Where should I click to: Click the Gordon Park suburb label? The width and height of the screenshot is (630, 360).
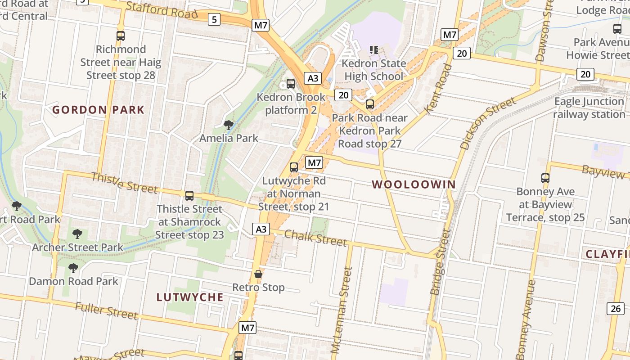(x=98, y=110)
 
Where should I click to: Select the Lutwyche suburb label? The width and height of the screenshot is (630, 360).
(x=190, y=297)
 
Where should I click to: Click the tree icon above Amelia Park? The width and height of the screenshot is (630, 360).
(x=229, y=125)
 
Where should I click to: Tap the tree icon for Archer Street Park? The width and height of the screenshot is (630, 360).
(x=77, y=234)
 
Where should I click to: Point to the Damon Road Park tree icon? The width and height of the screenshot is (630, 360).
(x=73, y=268)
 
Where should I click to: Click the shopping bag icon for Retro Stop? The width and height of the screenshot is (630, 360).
(x=258, y=274)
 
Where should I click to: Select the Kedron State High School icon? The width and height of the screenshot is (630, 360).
(x=374, y=49)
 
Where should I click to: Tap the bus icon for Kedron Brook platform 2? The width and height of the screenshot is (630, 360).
(x=291, y=84)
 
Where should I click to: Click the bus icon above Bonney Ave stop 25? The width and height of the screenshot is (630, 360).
(x=545, y=178)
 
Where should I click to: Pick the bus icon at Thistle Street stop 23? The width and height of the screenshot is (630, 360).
(x=189, y=196)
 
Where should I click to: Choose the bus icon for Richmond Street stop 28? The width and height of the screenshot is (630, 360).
(x=121, y=36)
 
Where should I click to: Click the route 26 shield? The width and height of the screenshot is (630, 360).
(x=616, y=308)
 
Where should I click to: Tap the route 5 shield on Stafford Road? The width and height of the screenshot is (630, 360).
(x=214, y=19)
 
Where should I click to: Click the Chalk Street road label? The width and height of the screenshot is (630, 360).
(x=316, y=238)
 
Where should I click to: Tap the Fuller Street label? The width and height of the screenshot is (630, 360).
(x=106, y=311)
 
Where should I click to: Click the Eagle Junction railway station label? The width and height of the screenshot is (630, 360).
(x=589, y=108)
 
